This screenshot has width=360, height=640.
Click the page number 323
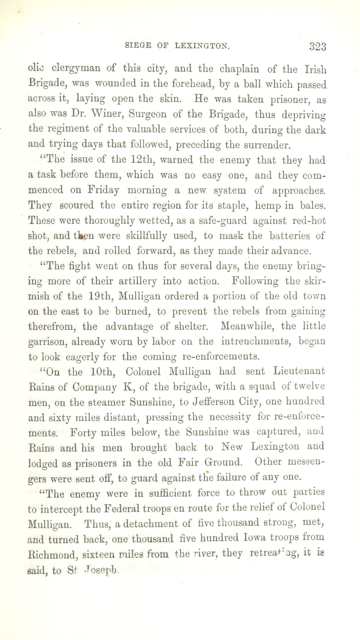pos(317,47)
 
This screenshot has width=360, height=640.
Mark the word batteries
pos(289,236)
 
